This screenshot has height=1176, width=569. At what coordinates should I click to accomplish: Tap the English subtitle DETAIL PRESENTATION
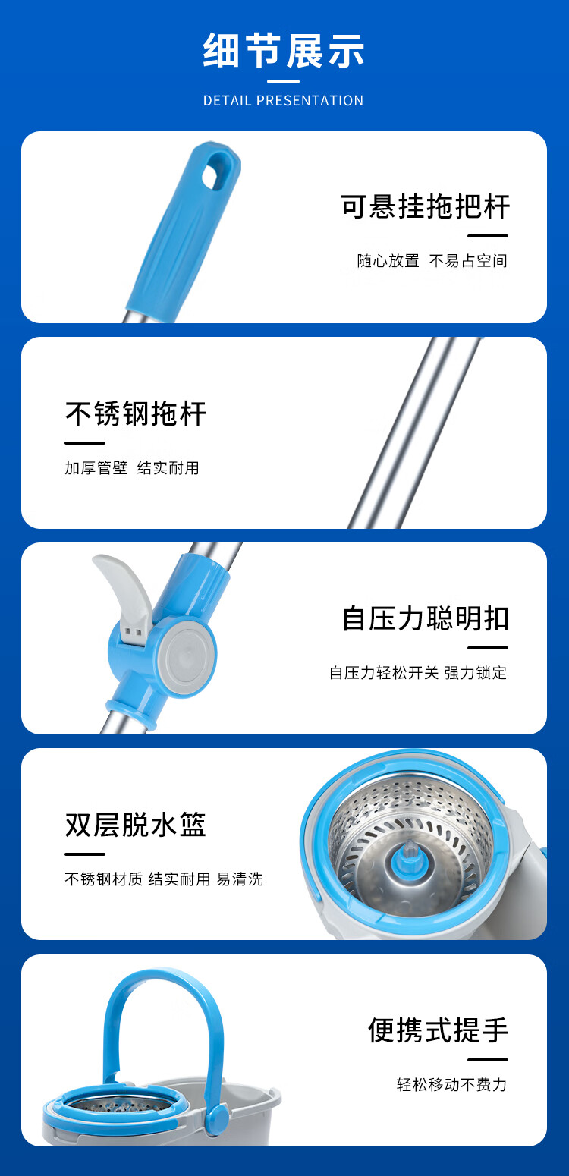284,100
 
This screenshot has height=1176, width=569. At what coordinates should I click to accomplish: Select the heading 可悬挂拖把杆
425,206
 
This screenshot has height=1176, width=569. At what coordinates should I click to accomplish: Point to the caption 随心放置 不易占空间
432,260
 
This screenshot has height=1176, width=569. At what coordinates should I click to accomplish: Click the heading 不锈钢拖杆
136,413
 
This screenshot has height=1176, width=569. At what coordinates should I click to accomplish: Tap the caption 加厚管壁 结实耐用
132,467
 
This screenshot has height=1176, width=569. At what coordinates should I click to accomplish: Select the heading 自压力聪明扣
425,618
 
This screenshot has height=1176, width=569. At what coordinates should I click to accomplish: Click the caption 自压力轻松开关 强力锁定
418,672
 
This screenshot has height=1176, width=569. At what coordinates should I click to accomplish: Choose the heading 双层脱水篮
136,824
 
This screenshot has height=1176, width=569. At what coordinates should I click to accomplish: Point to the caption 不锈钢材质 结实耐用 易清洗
164,879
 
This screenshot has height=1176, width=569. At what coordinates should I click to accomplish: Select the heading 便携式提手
438,1030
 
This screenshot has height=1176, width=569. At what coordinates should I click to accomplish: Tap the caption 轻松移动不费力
451,1085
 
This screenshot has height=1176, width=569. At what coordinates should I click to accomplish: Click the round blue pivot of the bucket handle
216,1118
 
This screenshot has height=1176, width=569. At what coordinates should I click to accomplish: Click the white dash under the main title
284,81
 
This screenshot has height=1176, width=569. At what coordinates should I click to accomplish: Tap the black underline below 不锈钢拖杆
85,443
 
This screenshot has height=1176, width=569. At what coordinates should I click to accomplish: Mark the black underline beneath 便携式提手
488,1060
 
